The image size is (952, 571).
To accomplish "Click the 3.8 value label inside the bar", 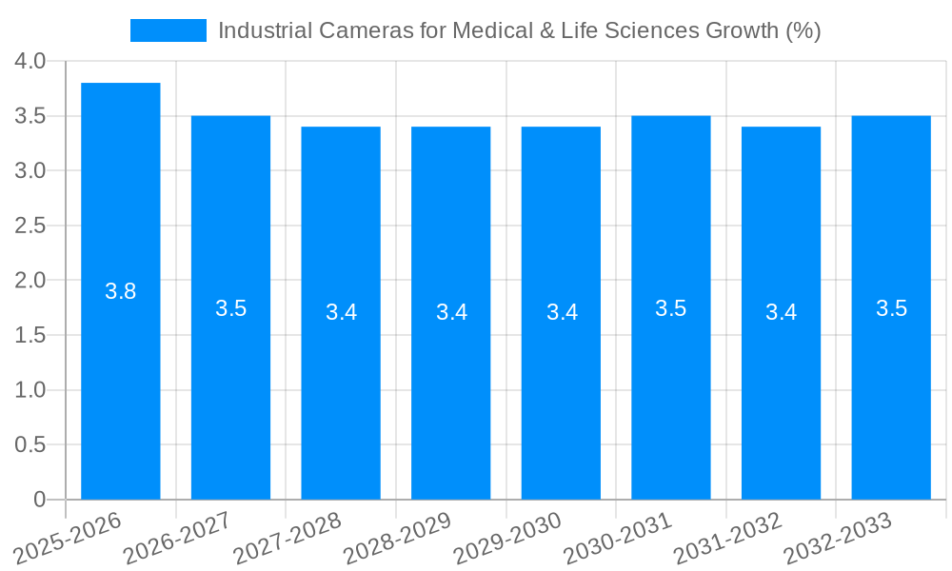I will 121,291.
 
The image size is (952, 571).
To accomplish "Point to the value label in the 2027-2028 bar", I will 341,312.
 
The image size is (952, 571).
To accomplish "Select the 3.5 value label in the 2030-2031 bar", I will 671,308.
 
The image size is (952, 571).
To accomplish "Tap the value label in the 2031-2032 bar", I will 781,312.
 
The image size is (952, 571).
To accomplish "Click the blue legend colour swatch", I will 169,30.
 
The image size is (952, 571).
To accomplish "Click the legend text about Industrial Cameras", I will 519,30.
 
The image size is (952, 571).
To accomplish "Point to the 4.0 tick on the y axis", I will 30,61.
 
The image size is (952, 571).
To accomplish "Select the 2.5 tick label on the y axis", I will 30,226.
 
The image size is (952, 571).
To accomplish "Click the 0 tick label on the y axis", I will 39,500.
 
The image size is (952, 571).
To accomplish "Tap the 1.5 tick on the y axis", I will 30,335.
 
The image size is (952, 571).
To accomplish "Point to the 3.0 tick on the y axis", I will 30,170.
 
